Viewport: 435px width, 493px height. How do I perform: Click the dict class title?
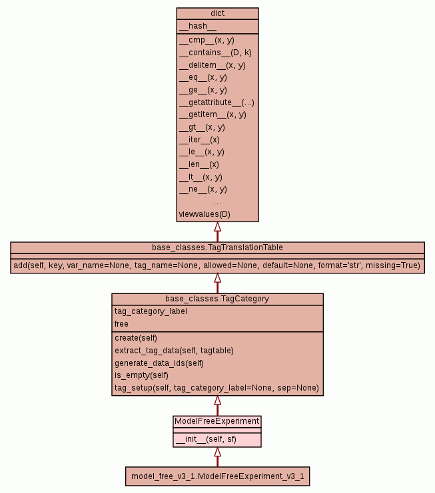pos(217,13)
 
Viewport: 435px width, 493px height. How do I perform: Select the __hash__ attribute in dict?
pos(198,26)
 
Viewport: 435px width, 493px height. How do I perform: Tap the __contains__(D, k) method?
pos(215,53)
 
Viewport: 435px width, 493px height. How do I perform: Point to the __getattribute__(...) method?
pos(217,102)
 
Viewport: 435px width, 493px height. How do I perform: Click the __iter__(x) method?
pos(199,140)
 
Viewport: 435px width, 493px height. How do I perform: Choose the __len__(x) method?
pos(199,164)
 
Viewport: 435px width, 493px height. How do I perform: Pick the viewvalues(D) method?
pos(205,214)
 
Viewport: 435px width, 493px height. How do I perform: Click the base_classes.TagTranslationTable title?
pos(217,247)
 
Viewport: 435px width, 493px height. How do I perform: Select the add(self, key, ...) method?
pos(217,265)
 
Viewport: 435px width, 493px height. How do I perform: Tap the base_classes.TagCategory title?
pos(217,299)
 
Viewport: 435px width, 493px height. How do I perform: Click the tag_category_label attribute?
pos(151,311)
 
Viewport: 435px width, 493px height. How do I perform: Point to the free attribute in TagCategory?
pos(121,324)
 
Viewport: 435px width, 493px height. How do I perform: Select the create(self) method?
pos(136,338)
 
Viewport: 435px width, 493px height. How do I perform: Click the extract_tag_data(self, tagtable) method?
pos(174,351)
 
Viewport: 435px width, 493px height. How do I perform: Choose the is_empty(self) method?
pos(142,375)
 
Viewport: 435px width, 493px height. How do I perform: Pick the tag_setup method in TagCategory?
pos(217,388)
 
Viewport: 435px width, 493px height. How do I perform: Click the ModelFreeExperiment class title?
pos(217,421)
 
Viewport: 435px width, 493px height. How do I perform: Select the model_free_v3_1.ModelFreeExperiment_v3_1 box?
pos(217,476)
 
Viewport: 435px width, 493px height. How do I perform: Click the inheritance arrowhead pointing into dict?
pos(217,227)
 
